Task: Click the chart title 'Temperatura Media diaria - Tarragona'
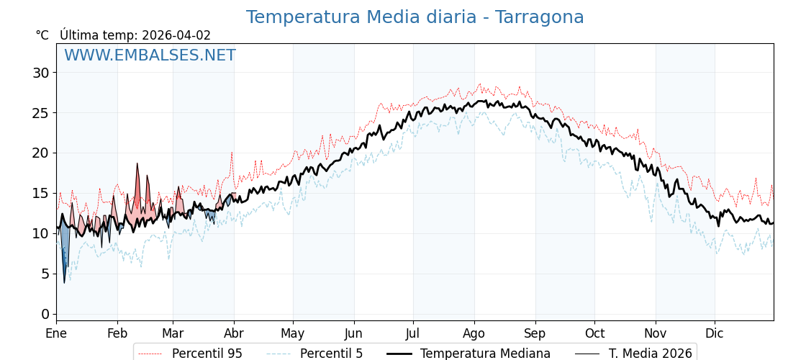coord(415,17)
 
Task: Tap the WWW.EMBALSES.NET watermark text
coord(150,55)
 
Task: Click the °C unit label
coord(42,35)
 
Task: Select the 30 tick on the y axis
coord(40,73)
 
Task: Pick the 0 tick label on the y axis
coord(45,314)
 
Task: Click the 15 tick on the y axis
coord(40,193)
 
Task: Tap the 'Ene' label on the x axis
coord(56,333)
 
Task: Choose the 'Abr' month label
coord(234,333)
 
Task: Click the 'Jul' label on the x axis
coord(413,333)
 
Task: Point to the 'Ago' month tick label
coord(474,333)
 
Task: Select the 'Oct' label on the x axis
coord(594,333)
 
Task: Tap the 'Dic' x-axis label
coord(715,333)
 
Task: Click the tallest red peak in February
coord(137,167)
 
